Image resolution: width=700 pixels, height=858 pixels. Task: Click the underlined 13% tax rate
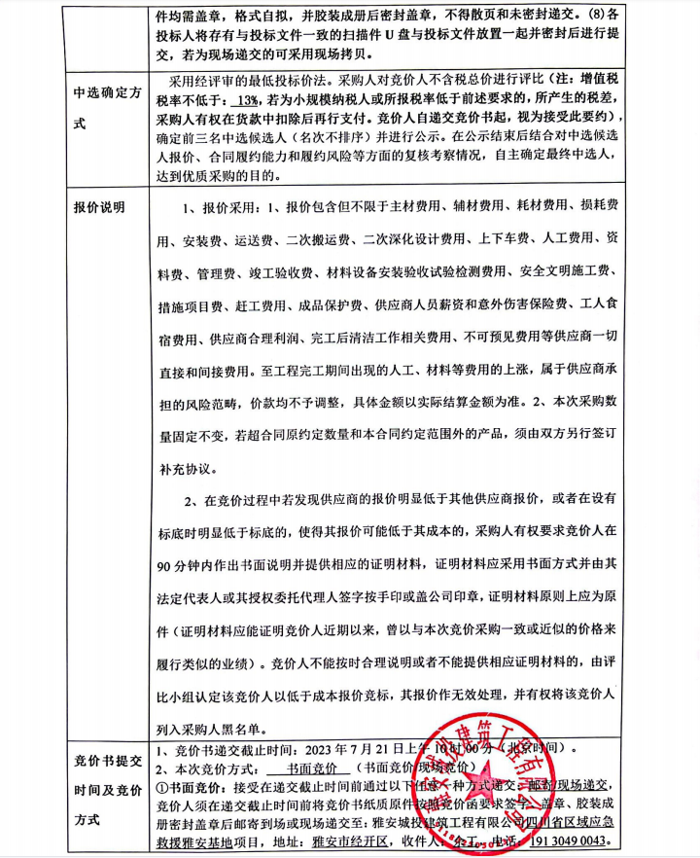click(x=246, y=101)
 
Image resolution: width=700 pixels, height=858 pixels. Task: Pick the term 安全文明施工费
click(x=566, y=270)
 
